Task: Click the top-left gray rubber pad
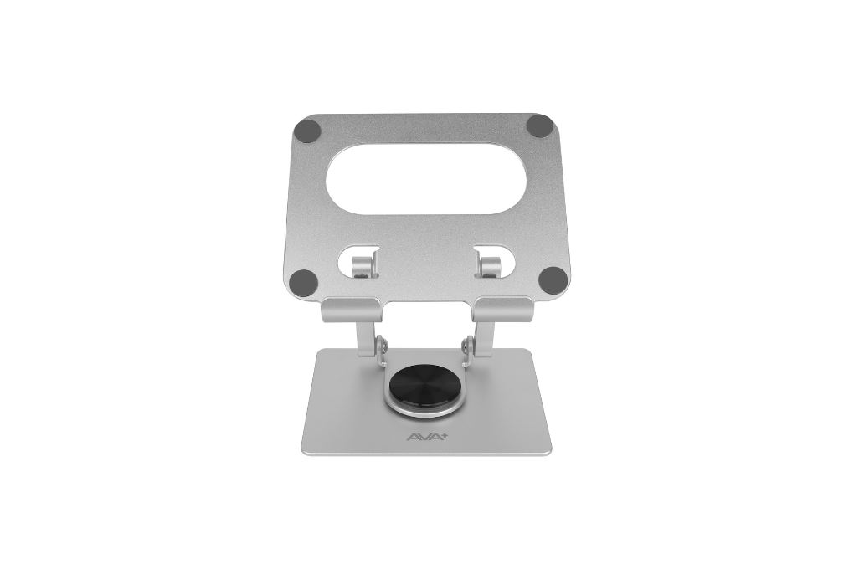click(x=308, y=131)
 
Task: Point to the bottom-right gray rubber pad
click(x=551, y=279)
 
